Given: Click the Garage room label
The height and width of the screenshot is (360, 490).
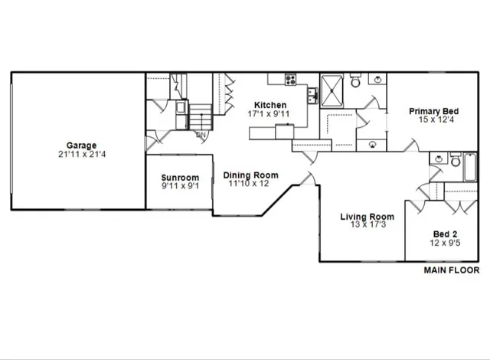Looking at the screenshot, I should pos(81,146).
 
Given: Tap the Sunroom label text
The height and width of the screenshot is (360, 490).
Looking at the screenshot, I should pos(180,178).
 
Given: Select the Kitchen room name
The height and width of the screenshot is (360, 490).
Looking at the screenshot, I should pos(271,105).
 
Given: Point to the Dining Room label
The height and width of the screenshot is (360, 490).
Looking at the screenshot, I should pos(251,175).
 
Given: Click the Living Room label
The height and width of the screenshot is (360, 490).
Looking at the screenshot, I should pos(367,218).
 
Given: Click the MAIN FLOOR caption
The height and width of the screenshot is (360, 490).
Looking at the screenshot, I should pos(452,270).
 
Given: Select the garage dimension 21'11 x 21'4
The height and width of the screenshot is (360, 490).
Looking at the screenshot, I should pos(81,155).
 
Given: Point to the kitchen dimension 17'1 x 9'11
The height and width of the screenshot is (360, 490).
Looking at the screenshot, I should pos(271,113).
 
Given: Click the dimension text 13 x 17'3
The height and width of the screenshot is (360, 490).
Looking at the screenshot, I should pos(367,226).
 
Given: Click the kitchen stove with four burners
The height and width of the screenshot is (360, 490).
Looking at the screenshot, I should pos(291,79).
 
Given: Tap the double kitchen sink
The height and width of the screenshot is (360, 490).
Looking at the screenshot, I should pos(313,95).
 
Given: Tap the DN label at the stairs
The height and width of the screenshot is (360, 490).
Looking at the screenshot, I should pos(202,136).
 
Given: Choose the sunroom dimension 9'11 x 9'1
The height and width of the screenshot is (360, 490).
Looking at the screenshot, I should pos(180,186).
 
